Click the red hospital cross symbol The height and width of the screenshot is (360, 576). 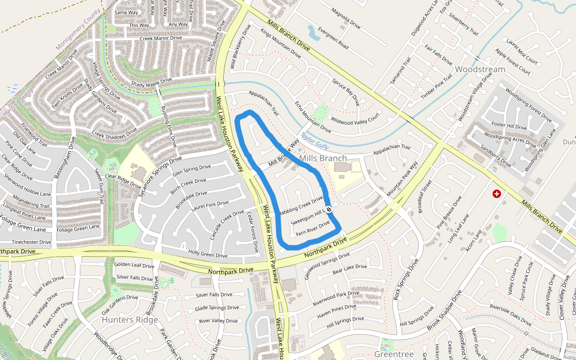[497, 194]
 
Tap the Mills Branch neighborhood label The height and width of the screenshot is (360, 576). [323, 158]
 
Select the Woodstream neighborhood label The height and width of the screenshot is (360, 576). [479, 69]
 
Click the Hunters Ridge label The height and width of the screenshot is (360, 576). [130, 320]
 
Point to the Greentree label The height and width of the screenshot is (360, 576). [394, 354]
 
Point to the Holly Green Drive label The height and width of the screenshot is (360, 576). [208, 254]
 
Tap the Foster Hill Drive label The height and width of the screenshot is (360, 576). [509, 126]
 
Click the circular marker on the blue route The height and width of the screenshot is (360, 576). [329, 209]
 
